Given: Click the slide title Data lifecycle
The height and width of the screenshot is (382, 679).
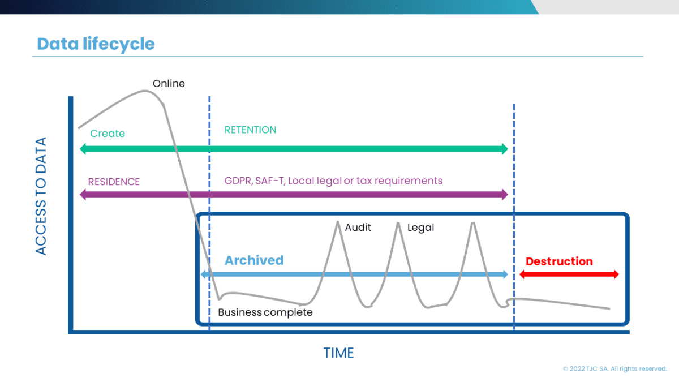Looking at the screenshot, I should [x=96, y=44].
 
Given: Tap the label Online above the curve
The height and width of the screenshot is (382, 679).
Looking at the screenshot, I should [x=169, y=84].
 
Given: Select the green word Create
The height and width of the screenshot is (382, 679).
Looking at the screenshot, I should [x=108, y=134].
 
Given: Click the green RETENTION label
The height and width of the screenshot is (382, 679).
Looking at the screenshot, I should [x=250, y=130].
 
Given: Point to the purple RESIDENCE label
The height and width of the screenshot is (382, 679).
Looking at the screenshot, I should [x=114, y=182].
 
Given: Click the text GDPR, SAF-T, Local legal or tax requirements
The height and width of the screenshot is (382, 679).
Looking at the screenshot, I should [x=333, y=181].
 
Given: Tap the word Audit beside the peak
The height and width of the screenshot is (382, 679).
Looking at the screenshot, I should [x=358, y=228].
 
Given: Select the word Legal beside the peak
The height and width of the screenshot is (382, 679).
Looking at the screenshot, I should [x=420, y=228].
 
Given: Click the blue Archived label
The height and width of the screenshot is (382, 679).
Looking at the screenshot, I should [x=254, y=260].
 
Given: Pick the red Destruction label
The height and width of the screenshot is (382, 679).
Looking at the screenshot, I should [x=559, y=261].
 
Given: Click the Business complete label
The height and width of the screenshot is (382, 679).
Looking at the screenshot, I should [x=265, y=312].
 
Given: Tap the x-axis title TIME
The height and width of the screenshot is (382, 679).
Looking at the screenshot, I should [x=338, y=353].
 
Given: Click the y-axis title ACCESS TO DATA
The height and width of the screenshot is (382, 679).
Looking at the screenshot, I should [x=41, y=196].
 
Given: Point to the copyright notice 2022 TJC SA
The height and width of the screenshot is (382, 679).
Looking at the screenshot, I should [x=614, y=368].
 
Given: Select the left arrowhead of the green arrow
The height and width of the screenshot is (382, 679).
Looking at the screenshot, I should [x=83, y=149].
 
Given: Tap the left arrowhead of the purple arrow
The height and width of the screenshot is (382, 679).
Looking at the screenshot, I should [x=83, y=195].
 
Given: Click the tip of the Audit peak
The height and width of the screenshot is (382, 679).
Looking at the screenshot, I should [x=338, y=221].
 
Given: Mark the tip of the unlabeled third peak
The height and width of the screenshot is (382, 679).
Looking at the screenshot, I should [x=472, y=222].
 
